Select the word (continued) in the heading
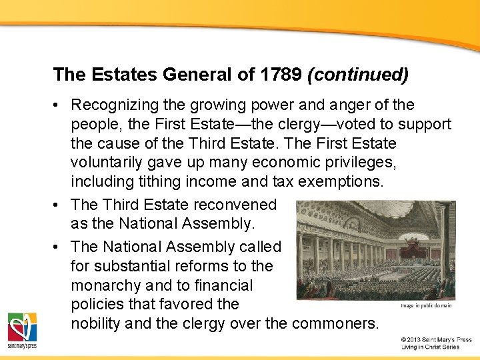pyautogui.click(x=358, y=74)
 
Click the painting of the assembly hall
pyautogui.click(x=376, y=249)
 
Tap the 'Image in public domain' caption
pyautogui.click(x=426, y=306)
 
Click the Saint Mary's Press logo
pyautogui.click(x=22, y=330)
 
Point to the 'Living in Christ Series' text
pyautogui.click(x=430, y=347)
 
